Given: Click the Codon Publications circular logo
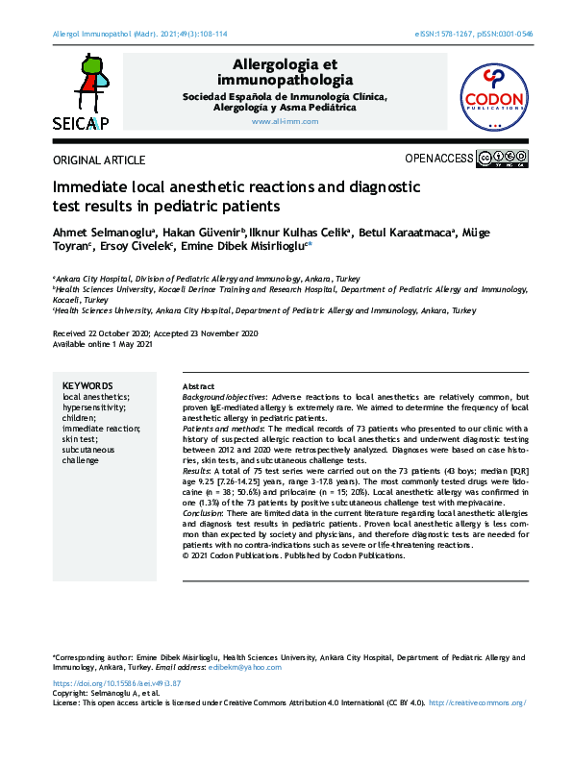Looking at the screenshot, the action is [x=494, y=94].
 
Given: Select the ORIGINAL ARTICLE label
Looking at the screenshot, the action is [x=100, y=160].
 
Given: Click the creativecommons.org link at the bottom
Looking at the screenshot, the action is [x=476, y=703].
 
